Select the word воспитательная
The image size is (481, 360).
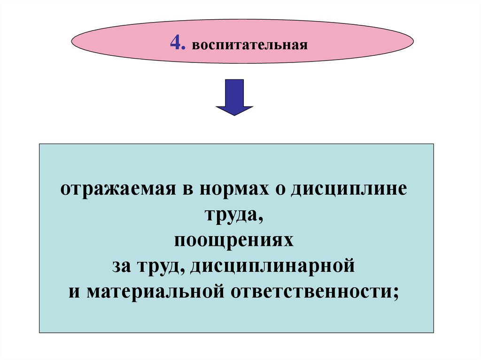249,46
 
